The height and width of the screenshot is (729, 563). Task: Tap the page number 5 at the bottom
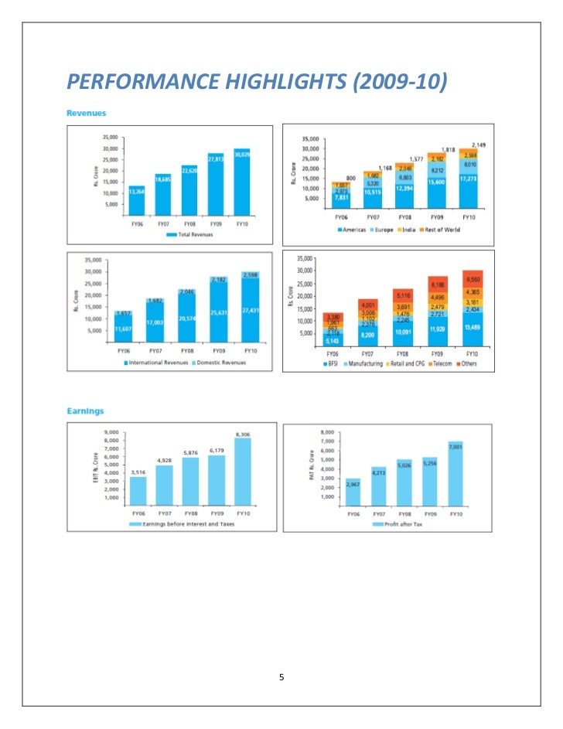[x=281, y=677]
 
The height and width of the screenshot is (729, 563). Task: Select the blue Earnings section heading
[x=85, y=410]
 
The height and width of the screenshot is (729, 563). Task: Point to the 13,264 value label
[x=136, y=191]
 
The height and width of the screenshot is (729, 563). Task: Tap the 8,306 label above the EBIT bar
[x=243, y=434]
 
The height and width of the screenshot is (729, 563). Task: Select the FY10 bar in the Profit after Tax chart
[x=454, y=473]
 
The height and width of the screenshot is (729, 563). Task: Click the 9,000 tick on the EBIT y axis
[x=111, y=432]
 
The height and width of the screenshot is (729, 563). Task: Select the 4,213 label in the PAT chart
[x=378, y=472]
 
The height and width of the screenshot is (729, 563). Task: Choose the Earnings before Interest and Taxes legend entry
[x=187, y=524]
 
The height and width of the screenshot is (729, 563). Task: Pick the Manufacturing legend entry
[x=364, y=363]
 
